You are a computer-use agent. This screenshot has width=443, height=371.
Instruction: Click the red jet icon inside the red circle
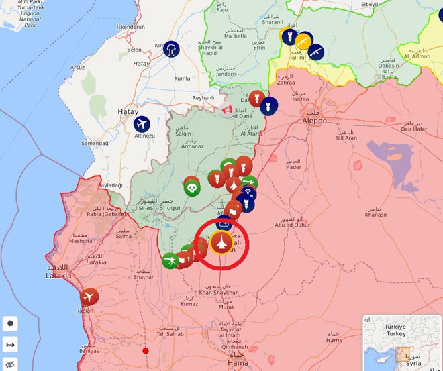(x=222, y=242)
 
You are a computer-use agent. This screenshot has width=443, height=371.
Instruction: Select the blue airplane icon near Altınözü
(x=142, y=124)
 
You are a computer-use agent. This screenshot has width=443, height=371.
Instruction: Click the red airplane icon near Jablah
(x=89, y=297)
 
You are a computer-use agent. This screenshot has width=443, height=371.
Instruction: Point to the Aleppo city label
(x=313, y=121)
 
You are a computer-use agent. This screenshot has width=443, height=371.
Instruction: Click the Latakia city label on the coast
(x=58, y=276)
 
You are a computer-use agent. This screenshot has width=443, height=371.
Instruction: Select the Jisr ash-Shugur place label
(x=158, y=207)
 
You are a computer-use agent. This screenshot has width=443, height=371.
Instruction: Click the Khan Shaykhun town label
(x=218, y=292)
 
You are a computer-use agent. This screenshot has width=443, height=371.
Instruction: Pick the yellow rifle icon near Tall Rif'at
(x=303, y=42)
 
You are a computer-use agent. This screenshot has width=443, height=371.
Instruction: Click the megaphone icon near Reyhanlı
(x=227, y=109)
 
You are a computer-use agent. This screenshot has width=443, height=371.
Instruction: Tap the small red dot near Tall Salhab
(x=146, y=350)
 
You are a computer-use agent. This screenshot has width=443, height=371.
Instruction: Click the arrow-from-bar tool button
(x=10, y=345)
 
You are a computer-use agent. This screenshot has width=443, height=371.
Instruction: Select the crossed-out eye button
(x=10, y=365)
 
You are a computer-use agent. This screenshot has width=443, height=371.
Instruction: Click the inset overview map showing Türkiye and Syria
(x=401, y=342)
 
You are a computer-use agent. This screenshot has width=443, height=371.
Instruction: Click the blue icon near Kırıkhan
(x=171, y=48)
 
